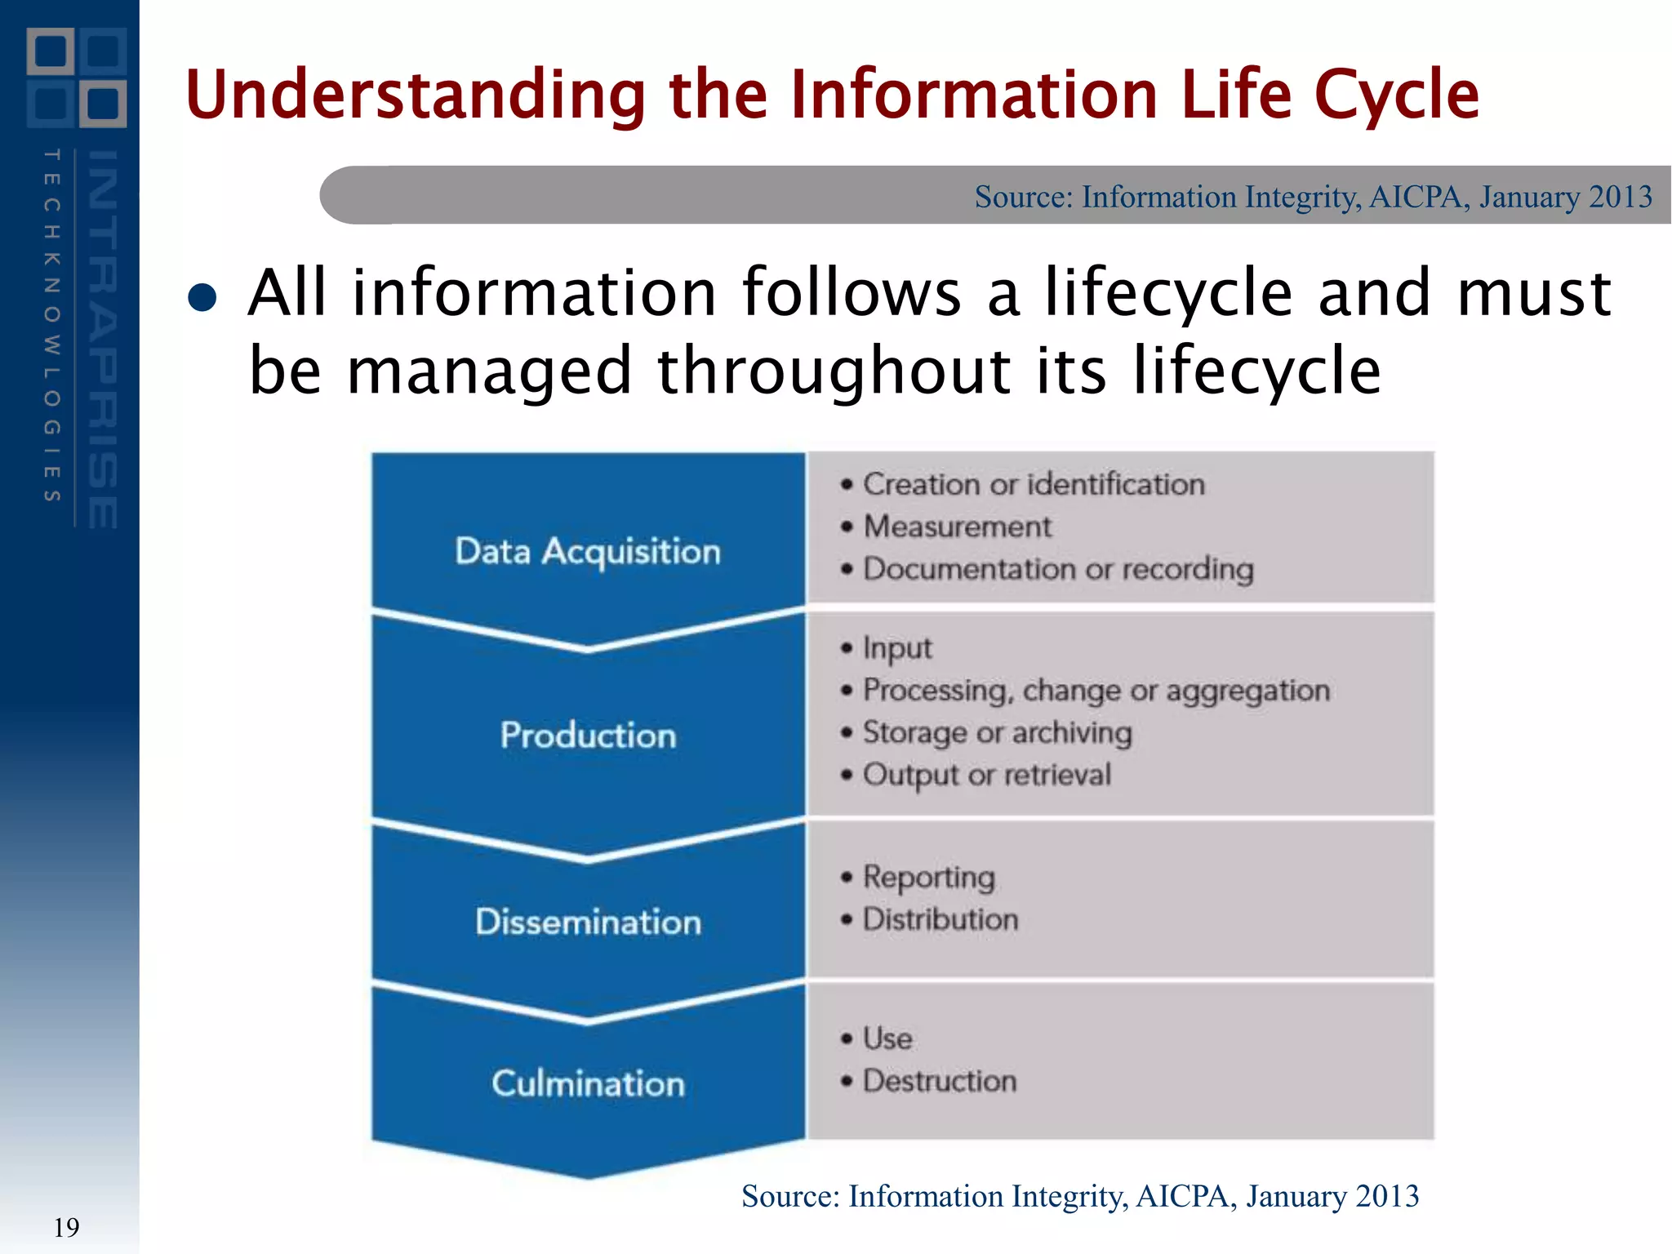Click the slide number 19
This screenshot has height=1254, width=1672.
pos(66,1227)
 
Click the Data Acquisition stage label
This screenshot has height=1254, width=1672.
pos(588,551)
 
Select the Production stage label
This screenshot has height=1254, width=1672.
pos(588,736)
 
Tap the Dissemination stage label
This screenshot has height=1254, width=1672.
pos(588,922)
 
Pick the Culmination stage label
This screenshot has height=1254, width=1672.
pos(588,1083)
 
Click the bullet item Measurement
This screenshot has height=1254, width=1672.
pos(957,527)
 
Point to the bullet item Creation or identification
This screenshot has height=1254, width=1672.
pos(1033,484)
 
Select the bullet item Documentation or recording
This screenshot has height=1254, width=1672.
pos(1057,569)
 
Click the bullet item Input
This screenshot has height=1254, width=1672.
pos(896,648)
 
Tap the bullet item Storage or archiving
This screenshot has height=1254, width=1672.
pos(997,732)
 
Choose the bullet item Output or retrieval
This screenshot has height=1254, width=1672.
pos(986,775)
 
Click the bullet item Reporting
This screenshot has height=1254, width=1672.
pos(928,877)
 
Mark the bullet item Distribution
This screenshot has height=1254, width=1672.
pos(940,919)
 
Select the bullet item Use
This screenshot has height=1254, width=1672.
pos(887,1038)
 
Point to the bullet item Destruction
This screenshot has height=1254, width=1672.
pos(939,1081)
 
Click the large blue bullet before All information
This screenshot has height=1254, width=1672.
pos(202,298)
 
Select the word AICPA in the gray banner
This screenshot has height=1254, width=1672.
pos(1415,197)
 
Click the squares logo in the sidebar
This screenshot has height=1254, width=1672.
pos(77,78)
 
